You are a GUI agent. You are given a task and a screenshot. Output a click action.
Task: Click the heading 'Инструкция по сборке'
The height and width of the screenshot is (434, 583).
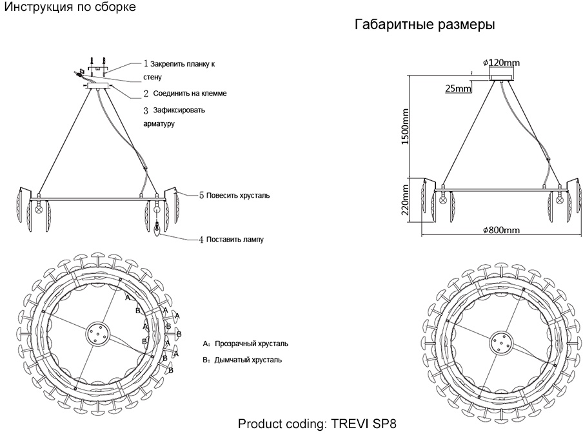[70, 7]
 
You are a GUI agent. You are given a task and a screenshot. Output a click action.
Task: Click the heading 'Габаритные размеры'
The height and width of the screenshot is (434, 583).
[424, 26]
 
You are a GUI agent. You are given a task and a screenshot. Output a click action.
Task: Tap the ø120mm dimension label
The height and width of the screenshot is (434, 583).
[501, 63]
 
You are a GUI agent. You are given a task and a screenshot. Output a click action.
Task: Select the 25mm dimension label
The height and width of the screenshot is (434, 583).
[458, 88]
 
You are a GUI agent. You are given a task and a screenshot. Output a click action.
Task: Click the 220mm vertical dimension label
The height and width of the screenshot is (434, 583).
[406, 200]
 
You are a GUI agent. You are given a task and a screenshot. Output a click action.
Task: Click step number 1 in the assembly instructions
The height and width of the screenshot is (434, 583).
[146, 65]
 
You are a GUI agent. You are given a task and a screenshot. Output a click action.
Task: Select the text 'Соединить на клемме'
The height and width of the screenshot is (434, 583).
[190, 94]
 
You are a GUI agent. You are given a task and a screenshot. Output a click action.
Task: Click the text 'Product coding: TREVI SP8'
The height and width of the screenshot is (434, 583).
[317, 424]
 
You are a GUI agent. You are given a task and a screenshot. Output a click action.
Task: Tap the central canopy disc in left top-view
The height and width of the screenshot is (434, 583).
[98, 334]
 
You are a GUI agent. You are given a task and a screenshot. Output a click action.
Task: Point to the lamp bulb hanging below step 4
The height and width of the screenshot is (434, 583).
[157, 229]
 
